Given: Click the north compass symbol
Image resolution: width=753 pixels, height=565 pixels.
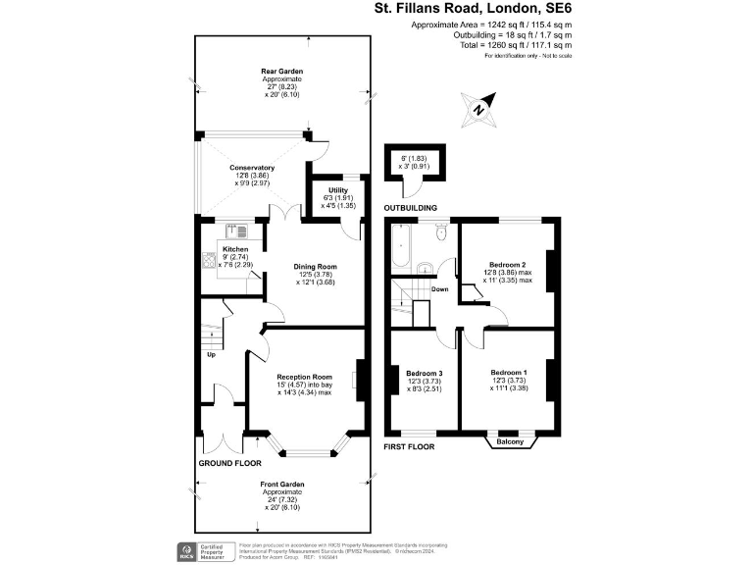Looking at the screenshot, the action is coord(477,110).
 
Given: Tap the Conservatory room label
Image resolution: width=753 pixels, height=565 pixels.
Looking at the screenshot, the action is coord(251,168).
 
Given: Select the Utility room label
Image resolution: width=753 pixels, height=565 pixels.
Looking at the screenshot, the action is coord(326,189).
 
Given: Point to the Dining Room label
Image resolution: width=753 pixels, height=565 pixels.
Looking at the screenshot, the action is coord(315,266).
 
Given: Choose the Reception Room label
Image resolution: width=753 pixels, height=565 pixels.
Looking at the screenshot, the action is coord(305,377).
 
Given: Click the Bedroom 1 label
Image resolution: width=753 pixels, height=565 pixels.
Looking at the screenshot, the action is coord(509,373).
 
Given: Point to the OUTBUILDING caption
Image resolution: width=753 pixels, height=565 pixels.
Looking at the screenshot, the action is coord(411,209).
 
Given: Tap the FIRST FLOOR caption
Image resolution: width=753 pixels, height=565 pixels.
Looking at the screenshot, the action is coord(410,445).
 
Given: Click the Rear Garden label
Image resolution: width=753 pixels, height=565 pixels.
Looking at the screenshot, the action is coord(281,72).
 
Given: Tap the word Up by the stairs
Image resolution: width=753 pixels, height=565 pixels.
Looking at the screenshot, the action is coord(211,354).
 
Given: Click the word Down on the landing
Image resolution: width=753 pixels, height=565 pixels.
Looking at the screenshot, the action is coord(440,289).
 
